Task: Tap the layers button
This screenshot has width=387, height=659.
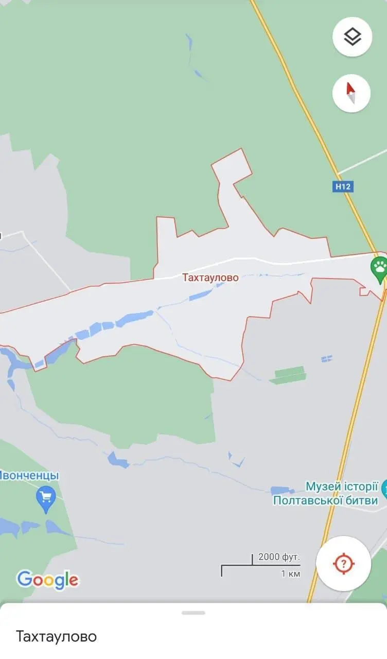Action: (352, 37)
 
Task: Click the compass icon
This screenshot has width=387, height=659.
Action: (351, 93)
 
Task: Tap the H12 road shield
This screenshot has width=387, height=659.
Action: (343, 186)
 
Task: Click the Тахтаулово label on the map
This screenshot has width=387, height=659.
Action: (210, 278)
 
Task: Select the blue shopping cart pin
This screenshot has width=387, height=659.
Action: (46, 498)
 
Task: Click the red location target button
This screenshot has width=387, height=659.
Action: (343, 563)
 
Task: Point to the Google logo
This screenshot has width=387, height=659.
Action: (47, 580)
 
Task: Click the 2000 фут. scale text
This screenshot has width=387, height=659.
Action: (279, 557)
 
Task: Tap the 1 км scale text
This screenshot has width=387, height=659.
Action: (291, 573)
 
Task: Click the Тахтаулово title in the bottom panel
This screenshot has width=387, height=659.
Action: (56, 636)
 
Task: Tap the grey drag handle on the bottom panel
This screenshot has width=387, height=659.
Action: (193, 613)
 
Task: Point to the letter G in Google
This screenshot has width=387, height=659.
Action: (24, 579)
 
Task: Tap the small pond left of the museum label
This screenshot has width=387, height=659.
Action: (283, 490)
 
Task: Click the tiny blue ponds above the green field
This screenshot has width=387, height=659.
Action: (326, 358)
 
